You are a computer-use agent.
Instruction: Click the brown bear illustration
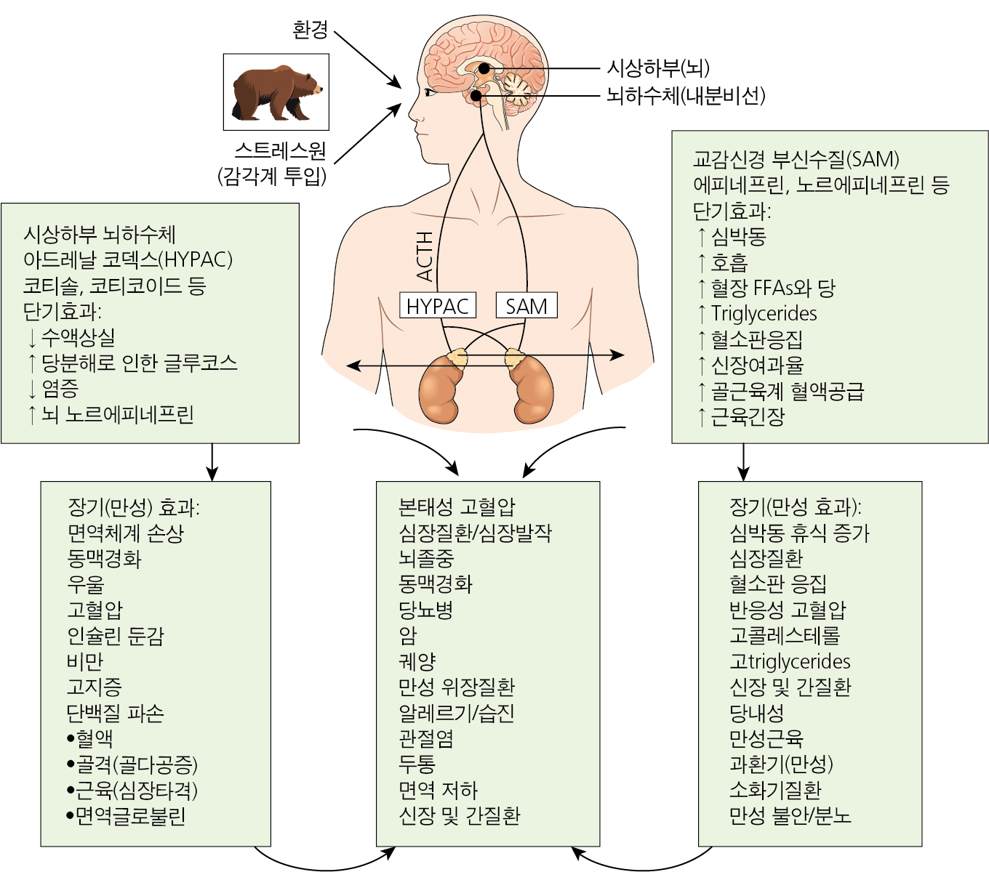click(277, 93)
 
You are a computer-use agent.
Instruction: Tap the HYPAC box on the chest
click(437, 305)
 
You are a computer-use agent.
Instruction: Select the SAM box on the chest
click(526, 305)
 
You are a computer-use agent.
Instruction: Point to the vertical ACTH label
click(425, 257)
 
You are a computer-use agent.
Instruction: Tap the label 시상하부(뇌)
click(657, 68)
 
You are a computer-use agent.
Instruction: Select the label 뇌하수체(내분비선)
click(685, 96)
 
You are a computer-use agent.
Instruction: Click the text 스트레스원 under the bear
click(280, 150)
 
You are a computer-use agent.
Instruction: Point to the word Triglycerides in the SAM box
click(764, 314)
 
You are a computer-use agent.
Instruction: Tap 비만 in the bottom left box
click(85, 661)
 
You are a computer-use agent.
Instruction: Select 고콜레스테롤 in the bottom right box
click(785, 635)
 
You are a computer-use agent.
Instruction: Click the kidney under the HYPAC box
click(440, 389)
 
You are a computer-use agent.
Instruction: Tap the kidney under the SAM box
click(532, 389)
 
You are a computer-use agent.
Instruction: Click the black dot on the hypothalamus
click(484, 69)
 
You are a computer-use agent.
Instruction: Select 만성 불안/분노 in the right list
click(790, 815)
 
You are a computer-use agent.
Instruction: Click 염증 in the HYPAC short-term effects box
click(60, 389)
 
